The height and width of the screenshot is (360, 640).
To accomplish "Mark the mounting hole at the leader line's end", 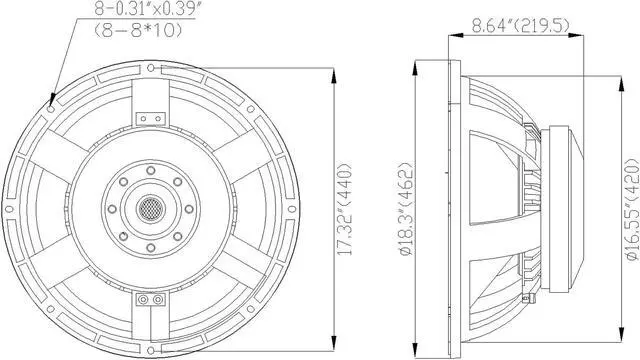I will pyautogui.click(x=50, y=98).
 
